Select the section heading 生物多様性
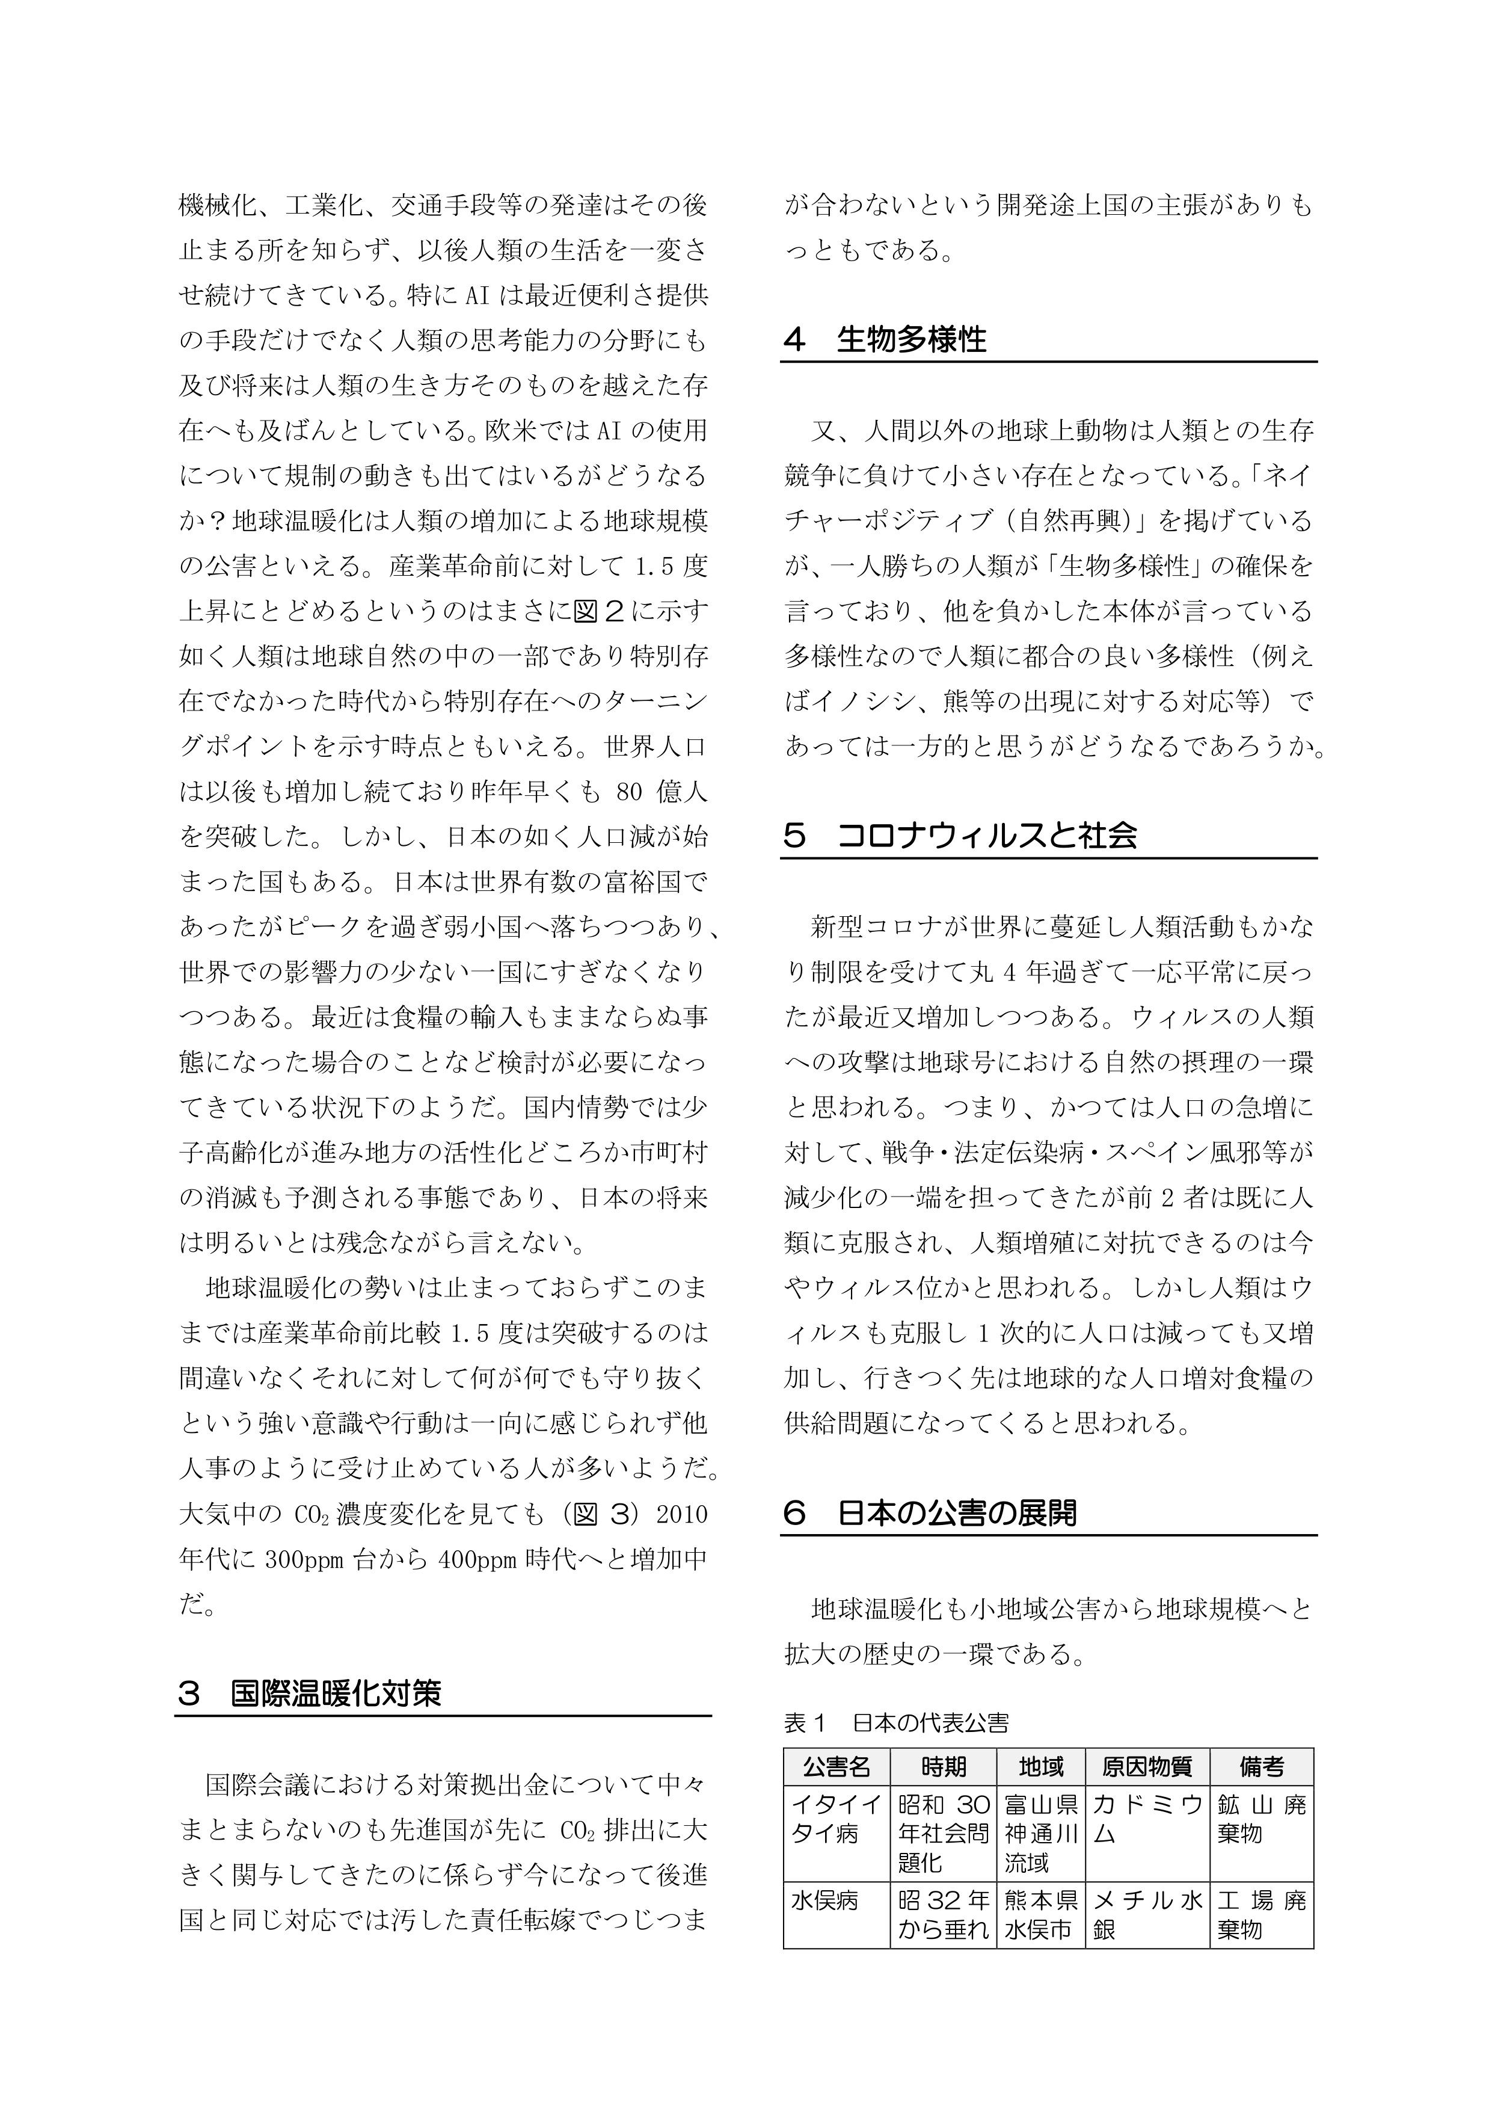point(911,340)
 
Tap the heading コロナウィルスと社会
point(987,836)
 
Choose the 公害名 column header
point(836,1766)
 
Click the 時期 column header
point(943,1766)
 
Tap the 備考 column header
point(1261,1766)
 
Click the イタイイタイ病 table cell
point(836,1819)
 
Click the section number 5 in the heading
point(794,836)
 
